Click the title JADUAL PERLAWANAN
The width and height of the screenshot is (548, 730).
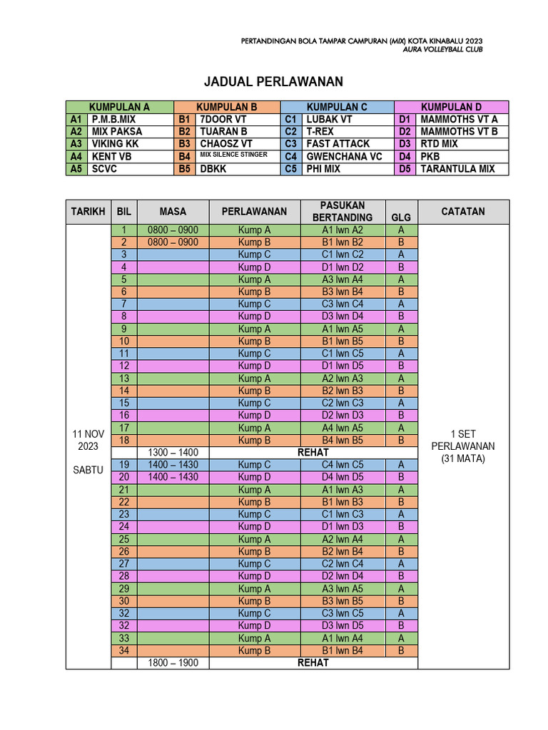[273, 81]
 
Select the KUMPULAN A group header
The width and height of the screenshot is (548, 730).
[119, 107]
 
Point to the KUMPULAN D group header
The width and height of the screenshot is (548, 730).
[451, 107]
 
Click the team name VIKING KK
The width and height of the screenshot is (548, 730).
[115, 144]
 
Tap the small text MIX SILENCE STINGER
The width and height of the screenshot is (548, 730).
[233, 155]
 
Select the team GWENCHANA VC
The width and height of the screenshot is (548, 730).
[344, 156]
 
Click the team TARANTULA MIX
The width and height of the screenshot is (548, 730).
[457, 169]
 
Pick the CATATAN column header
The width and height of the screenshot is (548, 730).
[463, 212]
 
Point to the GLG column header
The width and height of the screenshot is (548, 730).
[401, 217]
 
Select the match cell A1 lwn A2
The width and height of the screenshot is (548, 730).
[342, 230]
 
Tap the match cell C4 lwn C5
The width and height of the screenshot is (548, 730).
[342, 465]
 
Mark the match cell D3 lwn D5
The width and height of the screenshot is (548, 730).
[342, 626]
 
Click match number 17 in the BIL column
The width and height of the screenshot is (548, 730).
[123, 428]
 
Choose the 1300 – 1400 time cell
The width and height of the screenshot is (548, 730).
[173, 452]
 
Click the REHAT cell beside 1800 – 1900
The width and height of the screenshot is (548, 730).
[313, 663]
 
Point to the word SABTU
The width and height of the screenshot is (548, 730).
[88, 471]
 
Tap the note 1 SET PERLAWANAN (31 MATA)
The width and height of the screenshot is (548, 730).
[462, 446]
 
